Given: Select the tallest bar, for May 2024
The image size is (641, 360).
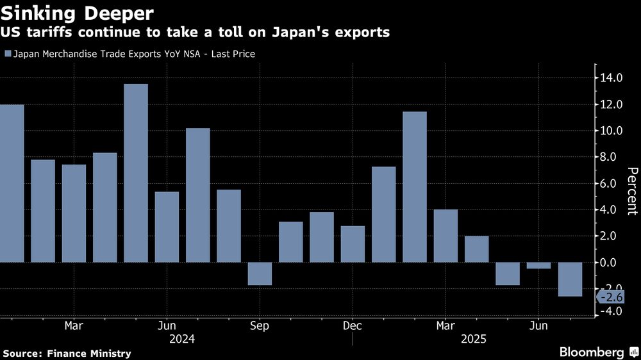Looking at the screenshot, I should [x=136, y=173].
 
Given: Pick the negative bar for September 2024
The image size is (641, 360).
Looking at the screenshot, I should [x=260, y=274].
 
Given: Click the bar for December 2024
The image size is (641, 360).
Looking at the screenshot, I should [x=353, y=244].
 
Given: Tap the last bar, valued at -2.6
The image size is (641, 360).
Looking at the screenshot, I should [x=570, y=279].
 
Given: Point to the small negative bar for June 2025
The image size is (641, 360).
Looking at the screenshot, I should [x=538, y=265].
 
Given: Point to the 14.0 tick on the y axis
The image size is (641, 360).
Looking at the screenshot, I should [x=611, y=78].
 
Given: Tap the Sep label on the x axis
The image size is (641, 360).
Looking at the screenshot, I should [x=260, y=325].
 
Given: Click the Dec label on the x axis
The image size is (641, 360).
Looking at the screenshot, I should [x=353, y=325].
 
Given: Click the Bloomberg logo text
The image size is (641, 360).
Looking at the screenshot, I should [x=592, y=352].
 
